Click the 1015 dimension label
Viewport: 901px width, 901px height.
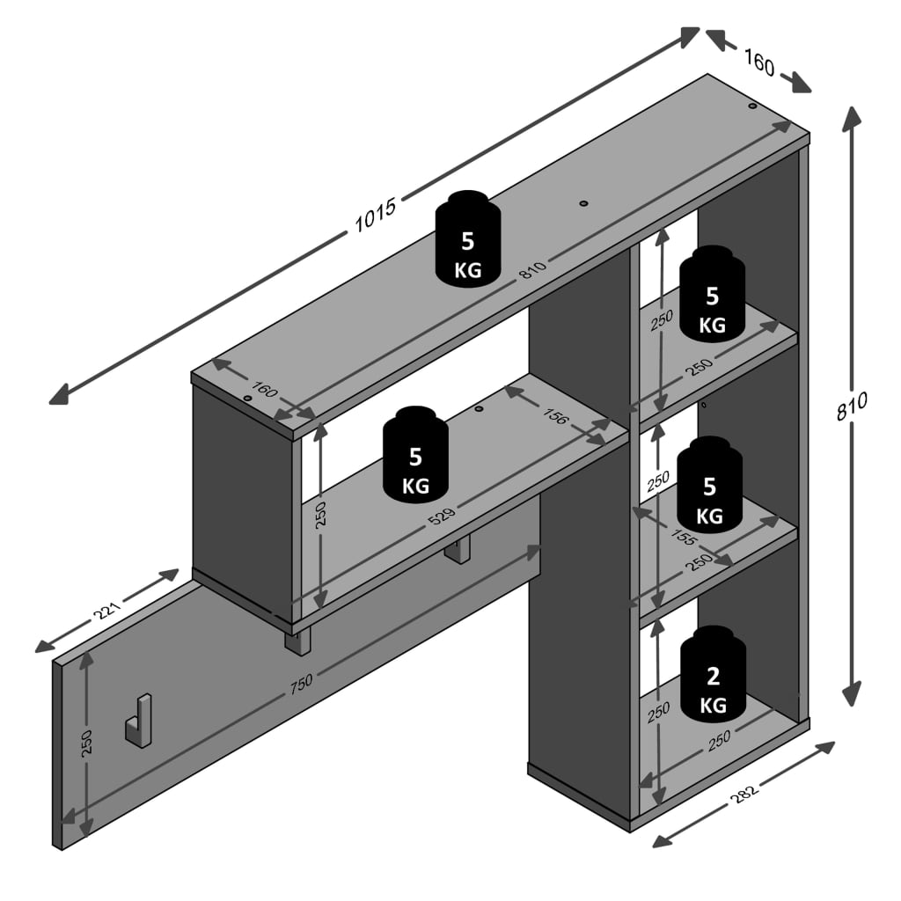[x=377, y=212]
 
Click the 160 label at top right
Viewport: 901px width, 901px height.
[x=759, y=63]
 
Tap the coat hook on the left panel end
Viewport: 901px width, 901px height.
[x=138, y=720]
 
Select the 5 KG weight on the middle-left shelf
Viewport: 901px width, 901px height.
[x=415, y=455]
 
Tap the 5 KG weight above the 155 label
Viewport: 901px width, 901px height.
[x=709, y=484]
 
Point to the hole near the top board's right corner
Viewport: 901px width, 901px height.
[x=752, y=106]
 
